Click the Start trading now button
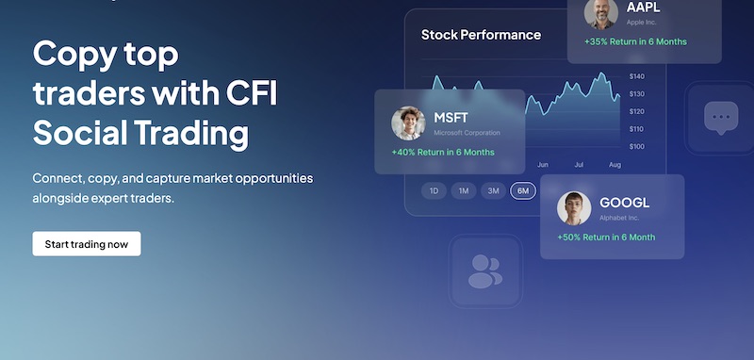(x=87, y=244)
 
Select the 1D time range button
(x=434, y=190)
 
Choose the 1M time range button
(x=463, y=190)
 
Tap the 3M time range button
(x=493, y=190)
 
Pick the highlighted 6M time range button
(x=522, y=190)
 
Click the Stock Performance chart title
(x=481, y=35)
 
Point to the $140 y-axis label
(x=636, y=76)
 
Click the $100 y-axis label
(x=636, y=146)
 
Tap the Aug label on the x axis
(x=615, y=165)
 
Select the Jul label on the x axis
(x=580, y=165)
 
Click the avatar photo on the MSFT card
(x=409, y=123)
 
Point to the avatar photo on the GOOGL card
(x=574, y=208)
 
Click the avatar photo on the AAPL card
(x=600, y=12)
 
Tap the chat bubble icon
(x=721, y=118)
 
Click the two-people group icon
(x=484, y=270)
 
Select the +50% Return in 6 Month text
(x=606, y=237)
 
